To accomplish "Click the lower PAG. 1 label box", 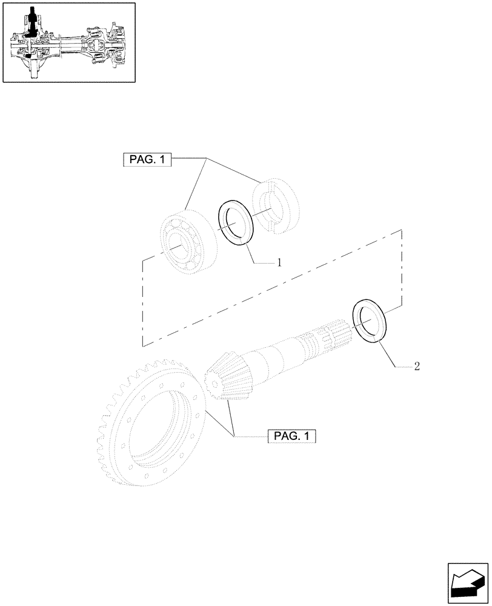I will click(292, 436).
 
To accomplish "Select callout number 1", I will click(279, 262).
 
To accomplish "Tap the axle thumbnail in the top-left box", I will click(68, 42).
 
